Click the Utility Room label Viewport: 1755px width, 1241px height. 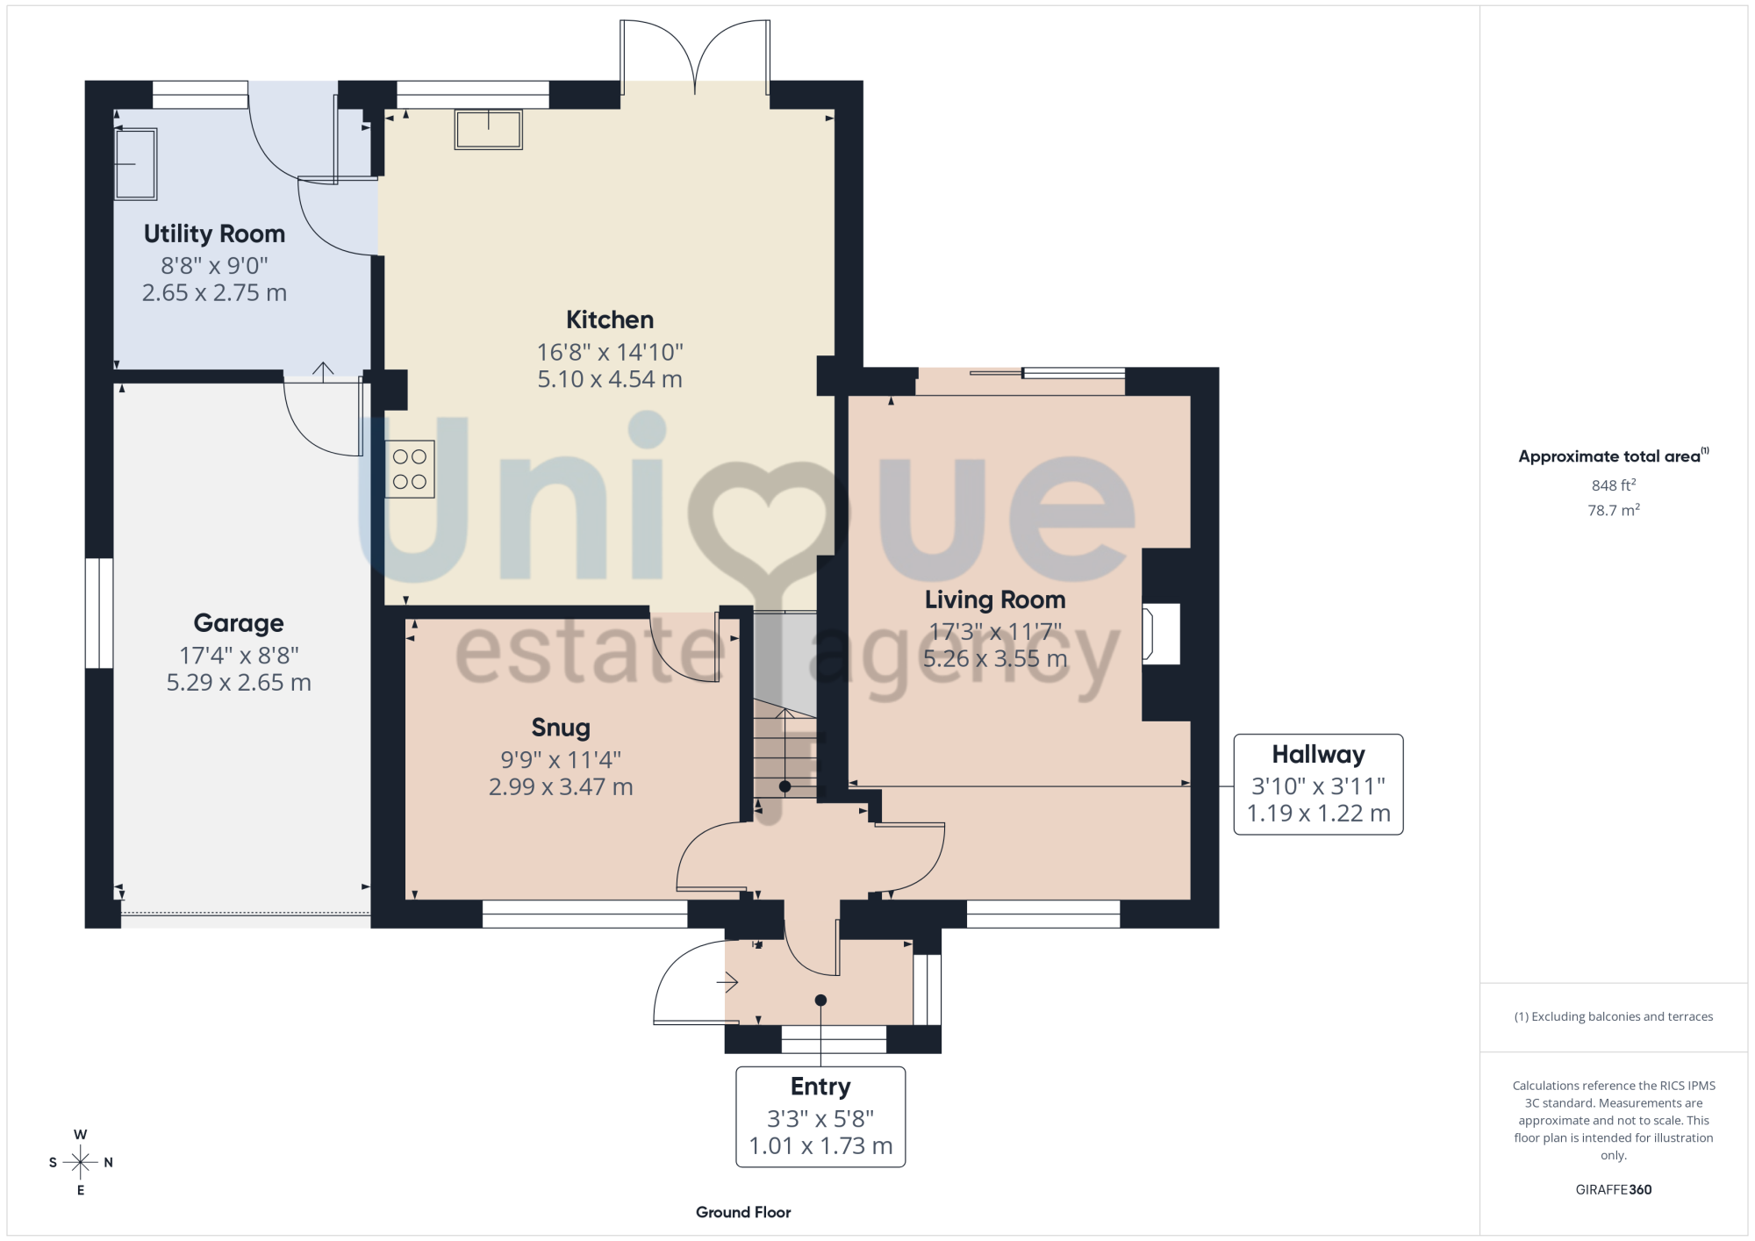click(x=214, y=234)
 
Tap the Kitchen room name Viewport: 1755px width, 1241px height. click(x=610, y=320)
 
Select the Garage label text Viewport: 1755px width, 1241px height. click(x=239, y=624)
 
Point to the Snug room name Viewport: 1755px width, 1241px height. click(x=561, y=728)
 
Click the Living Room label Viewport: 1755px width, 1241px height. click(x=995, y=600)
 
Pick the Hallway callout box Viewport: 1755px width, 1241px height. click(x=1318, y=785)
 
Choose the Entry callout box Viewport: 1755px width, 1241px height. click(x=820, y=1117)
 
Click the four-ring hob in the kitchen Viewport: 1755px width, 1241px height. click(x=410, y=470)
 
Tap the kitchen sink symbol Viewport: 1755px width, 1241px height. click(x=489, y=130)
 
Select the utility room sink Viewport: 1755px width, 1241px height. click(x=136, y=164)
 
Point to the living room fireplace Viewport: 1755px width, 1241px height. click(x=1161, y=635)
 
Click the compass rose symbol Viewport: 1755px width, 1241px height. click(x=81, y=1163)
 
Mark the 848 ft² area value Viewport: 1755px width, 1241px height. click(x=1614, y=485)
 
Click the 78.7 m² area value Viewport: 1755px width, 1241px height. click(x=1614, y=510)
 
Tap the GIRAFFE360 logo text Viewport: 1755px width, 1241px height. click(x=1614, y=1190)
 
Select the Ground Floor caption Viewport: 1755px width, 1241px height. click(x=743, y=1213)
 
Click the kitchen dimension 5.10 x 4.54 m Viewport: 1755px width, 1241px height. click(x=610, y=380)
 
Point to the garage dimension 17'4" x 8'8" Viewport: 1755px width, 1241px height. click(x=239, y=656)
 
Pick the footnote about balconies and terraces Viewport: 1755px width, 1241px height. click(x=1614, y=1017)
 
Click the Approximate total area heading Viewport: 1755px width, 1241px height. click(x=1614, y=456)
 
